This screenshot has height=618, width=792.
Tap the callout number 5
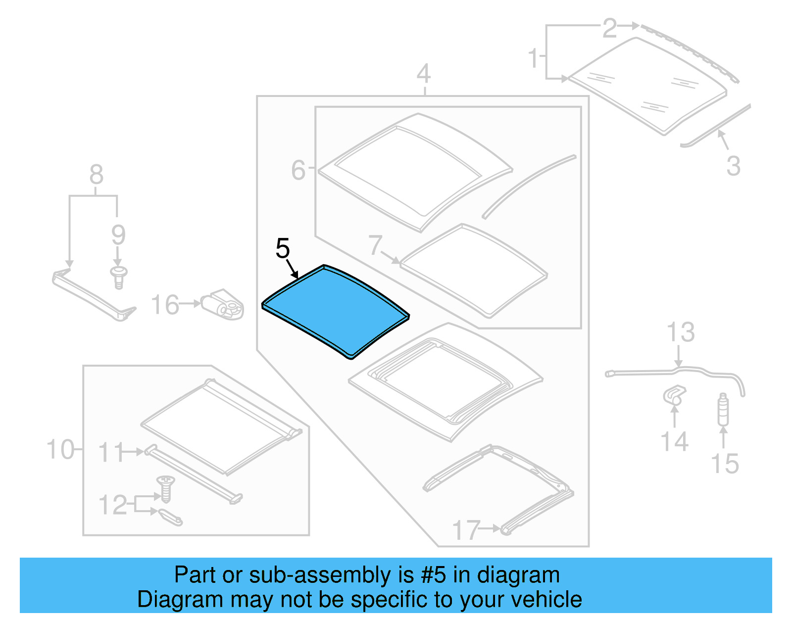click(x=283, y=248)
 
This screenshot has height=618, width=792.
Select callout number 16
click(x=165, y=305)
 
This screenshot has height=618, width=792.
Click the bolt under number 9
click(x=118, y=277)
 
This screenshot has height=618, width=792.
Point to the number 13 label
click(x=681, y=332)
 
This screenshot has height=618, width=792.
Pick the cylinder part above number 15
click(x=723, y=410)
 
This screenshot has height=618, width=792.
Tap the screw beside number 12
click(x=165, y=487)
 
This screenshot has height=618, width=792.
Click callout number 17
click(x=466, y=530)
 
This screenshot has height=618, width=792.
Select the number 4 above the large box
click(x=423, y=74)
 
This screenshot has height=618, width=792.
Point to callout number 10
click(x=60, y=450)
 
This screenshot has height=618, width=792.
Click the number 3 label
click(x=733, y=166)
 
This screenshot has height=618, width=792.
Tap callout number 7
click(x=375, y=245)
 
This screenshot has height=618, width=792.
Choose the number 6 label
click(x=298, y=170)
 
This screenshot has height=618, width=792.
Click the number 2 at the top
click(x=610, y=28)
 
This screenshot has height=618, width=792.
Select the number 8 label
click(x=97, y=174)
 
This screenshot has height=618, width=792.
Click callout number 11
click(x=110, y=452)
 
